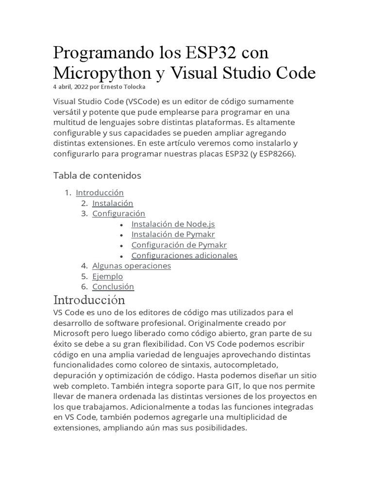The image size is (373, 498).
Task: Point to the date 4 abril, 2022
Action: pyautogui.click(x=71, y=87)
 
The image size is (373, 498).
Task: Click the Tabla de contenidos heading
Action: pyautogui.click(x=97, y=175)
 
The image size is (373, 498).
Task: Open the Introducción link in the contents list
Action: pyautogui.click(x=100, y=193)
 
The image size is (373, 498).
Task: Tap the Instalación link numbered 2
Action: pyautogui.click(x=113, y=203)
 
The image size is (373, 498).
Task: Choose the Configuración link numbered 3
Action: pyautogui.click(x=119, y=213)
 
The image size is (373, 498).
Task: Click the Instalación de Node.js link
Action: pyautogui.click(x=173, y=224)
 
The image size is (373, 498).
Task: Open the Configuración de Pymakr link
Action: pyautogui.click(x=179, y=245)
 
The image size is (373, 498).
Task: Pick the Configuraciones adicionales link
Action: pyautogui.click(x=184, y=255)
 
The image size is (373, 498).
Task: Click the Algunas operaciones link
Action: pyautogui.click(x=132, y=266)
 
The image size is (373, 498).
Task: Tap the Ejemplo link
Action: pyautogui.click(x=107, y=276)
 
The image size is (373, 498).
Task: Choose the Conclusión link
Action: pyautogui.click(x=113, y=286)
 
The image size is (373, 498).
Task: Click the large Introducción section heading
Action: pyautogui.click(x=89, y=299)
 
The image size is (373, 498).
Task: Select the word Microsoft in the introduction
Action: pyautogui.click(x=71, y=334)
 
